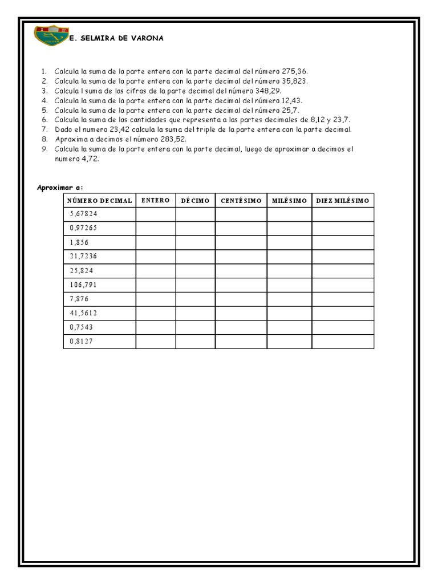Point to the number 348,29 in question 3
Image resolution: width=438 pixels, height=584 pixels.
[268, 91]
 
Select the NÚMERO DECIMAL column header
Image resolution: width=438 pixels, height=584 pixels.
[99, 201]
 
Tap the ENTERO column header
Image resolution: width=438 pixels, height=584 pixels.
[156, 200]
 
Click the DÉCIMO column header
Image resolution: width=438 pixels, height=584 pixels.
[195, 201]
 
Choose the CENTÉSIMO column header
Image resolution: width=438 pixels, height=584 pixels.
[241, 201]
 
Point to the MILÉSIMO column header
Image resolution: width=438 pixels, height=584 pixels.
[289, 201]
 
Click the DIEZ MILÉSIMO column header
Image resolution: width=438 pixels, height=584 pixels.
[343, 201]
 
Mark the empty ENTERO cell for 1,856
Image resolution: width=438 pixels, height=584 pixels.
[156, 242]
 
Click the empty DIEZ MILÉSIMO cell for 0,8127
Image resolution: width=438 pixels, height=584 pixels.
[343, 342]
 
